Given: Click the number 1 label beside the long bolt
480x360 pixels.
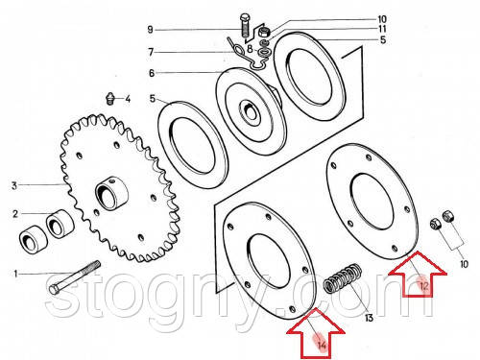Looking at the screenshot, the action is (15, 274).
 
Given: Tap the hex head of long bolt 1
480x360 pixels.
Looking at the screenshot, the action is (54, 289).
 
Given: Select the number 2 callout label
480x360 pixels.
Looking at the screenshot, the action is (15, 214).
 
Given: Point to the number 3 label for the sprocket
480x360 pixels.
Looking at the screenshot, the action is (14, 185).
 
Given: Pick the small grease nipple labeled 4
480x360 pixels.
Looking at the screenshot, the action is (109, 98).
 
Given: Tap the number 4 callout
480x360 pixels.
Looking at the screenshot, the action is (128, 99).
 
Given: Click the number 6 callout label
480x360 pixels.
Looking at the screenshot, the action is (152, 73).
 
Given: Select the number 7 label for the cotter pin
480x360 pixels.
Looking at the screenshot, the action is (151, 52).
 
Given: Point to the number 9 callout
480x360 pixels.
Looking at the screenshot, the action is (151, 30).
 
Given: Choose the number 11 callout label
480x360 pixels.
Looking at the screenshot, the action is (382, 29).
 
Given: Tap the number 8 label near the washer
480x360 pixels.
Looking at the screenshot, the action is (250, 49).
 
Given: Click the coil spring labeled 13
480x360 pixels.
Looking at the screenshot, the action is (343, 278).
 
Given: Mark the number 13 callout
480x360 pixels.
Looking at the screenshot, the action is (369, 318).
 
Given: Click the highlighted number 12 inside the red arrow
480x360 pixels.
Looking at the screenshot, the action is (423, 285).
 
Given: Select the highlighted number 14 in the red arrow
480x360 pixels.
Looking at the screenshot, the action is (322, 345).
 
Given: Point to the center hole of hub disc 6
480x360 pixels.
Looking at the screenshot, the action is (249, 110).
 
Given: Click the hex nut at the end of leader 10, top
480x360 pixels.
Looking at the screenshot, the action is (264, 32).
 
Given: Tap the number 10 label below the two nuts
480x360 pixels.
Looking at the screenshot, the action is (464, 264).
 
